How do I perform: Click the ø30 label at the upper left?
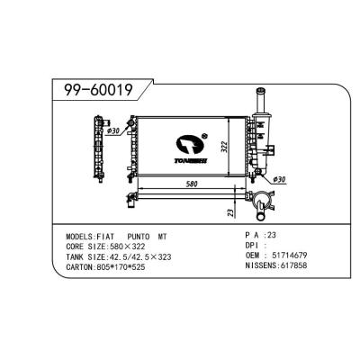click(x=114, y=132)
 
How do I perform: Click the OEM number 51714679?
click(x=289, y=256)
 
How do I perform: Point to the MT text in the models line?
click(x=162, y=236)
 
